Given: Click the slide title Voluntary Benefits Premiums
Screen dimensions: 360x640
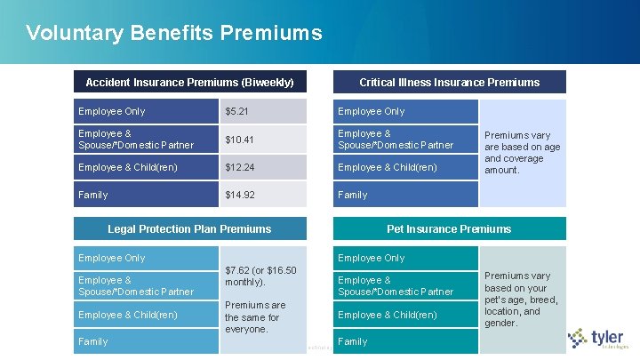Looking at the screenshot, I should (x=174, y=34).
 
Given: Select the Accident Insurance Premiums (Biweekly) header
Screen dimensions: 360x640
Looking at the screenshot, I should (x=189, y=82).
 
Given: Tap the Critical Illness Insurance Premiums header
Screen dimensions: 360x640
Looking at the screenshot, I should (x=449, y=82).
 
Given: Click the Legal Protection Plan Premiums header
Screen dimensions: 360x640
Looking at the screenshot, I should (x=189, y=228).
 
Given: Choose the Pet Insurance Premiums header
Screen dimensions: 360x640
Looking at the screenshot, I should (x=449, y=228).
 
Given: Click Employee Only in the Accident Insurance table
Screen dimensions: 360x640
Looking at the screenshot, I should (x=112, y=111).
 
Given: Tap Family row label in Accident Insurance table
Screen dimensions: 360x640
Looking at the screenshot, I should (x=93, y=195).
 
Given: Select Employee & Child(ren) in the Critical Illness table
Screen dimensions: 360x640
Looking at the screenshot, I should (x=387, y=168).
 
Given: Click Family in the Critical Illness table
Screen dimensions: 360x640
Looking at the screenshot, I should (x=353, y=195).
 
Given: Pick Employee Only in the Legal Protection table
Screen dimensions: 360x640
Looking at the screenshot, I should (x=112, y=258).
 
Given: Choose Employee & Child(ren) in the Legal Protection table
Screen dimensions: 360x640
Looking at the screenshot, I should (x=127, y=315).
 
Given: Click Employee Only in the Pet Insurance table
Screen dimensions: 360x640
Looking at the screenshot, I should (x=372, y=258).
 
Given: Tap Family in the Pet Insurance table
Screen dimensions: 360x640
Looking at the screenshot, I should (x=353, y=341).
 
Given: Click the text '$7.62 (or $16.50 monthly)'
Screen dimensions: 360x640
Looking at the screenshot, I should (x=260, y=276).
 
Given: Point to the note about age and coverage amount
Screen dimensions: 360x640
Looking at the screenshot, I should (x=522, y=153).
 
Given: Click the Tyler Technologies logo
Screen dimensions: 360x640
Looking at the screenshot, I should (x=601, y=340).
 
